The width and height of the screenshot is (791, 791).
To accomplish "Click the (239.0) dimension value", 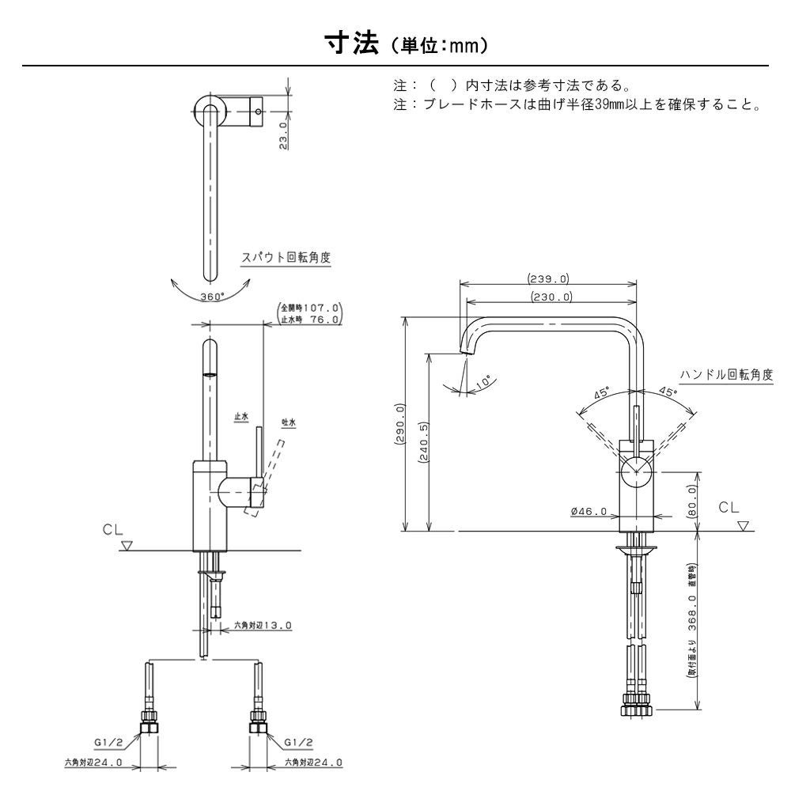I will point(548,278).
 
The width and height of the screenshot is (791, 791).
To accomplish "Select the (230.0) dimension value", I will point(549,297).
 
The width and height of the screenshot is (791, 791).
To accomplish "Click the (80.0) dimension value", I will point(693,501).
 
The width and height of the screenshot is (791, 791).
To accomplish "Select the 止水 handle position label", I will point(241,416).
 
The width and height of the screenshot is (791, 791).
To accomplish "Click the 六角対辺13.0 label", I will point(263,625).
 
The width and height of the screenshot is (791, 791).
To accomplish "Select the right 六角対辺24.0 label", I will point(313,763).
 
